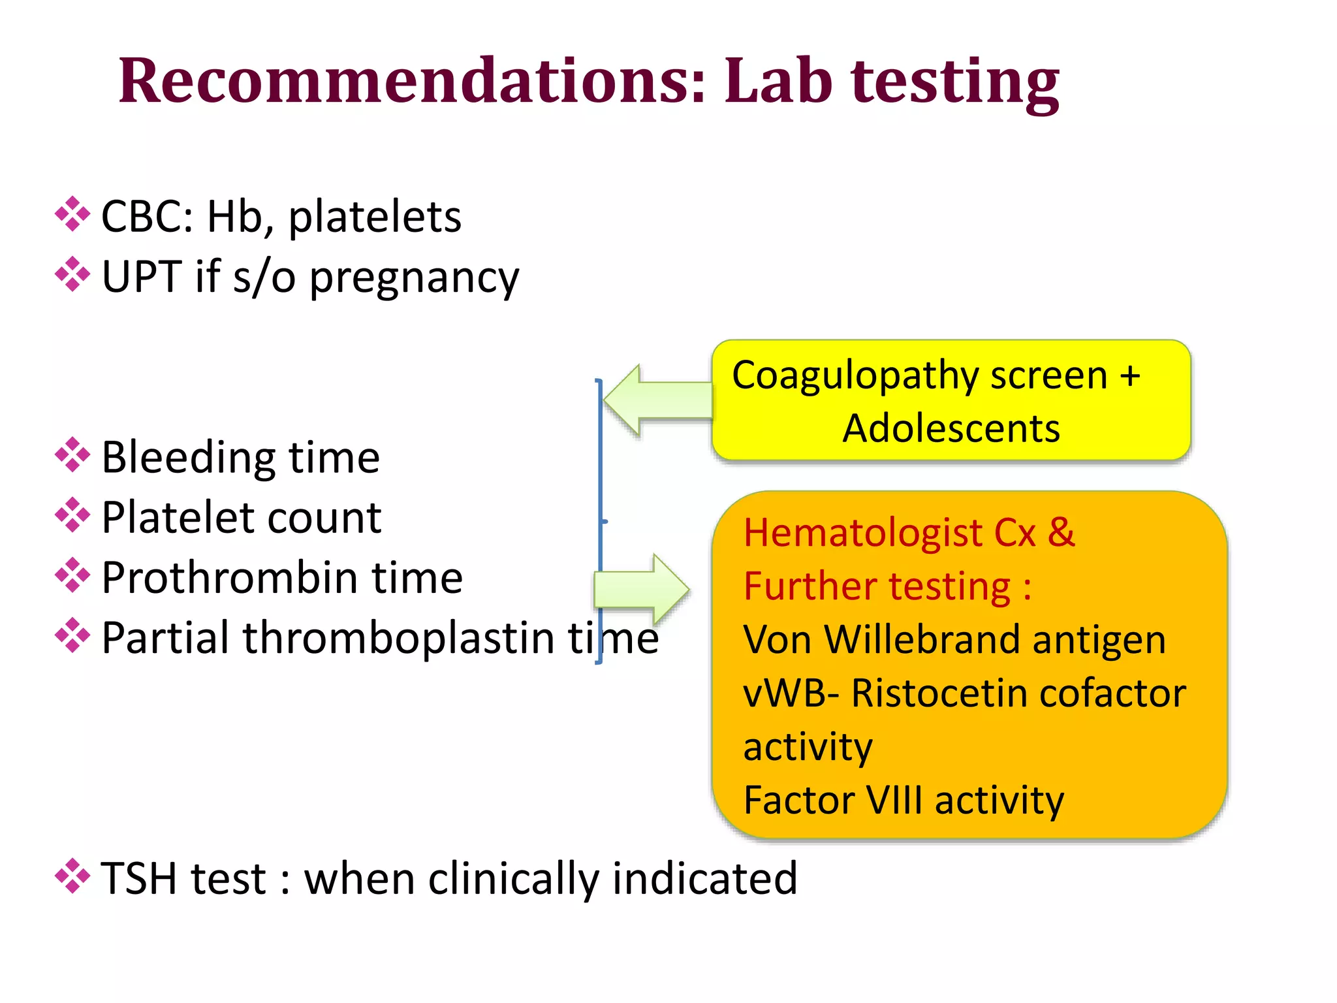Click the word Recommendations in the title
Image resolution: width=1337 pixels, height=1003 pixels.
(x=411, y=81)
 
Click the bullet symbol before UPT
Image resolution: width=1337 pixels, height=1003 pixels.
(x=72, y=274)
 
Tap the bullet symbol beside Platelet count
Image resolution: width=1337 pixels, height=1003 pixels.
(x=72, y=515)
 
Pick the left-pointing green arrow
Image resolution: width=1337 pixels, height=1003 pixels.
(x=653, y=400)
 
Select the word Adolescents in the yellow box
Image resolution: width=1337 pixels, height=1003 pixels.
(x=951, y=429)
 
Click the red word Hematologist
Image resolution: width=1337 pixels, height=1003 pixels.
(x=862, y=533)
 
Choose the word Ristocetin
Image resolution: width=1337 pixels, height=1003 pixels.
(x=939, y=693)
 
